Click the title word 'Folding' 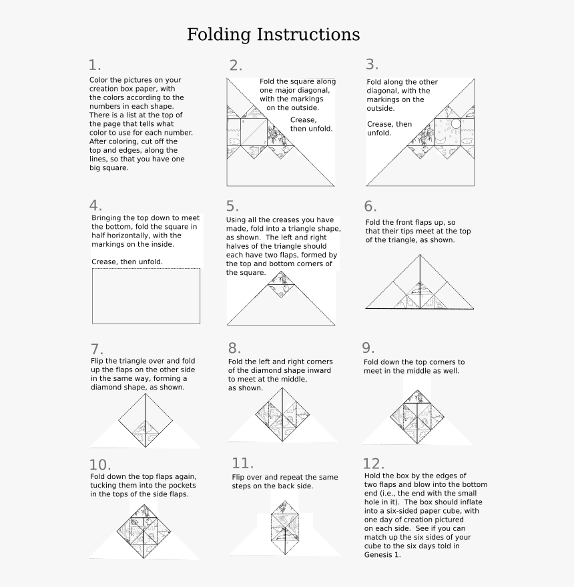pos(219,35)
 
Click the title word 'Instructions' pos(308,35)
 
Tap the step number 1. pos(94,65)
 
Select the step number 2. pos(235,65)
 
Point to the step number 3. pos(372,65)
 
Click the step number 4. pos(95,205)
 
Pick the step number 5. pos(232,206)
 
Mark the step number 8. pos(234,348)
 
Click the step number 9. pos(368,348)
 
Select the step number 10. pos(99,465)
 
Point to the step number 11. pos(242,464)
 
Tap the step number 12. pos(374,464)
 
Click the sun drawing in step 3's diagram pos(455,124)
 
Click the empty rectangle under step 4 pos(146,296)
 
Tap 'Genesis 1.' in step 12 pos(382,554)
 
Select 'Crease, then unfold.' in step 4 pos(127,262)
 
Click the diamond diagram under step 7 pos(146,420)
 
